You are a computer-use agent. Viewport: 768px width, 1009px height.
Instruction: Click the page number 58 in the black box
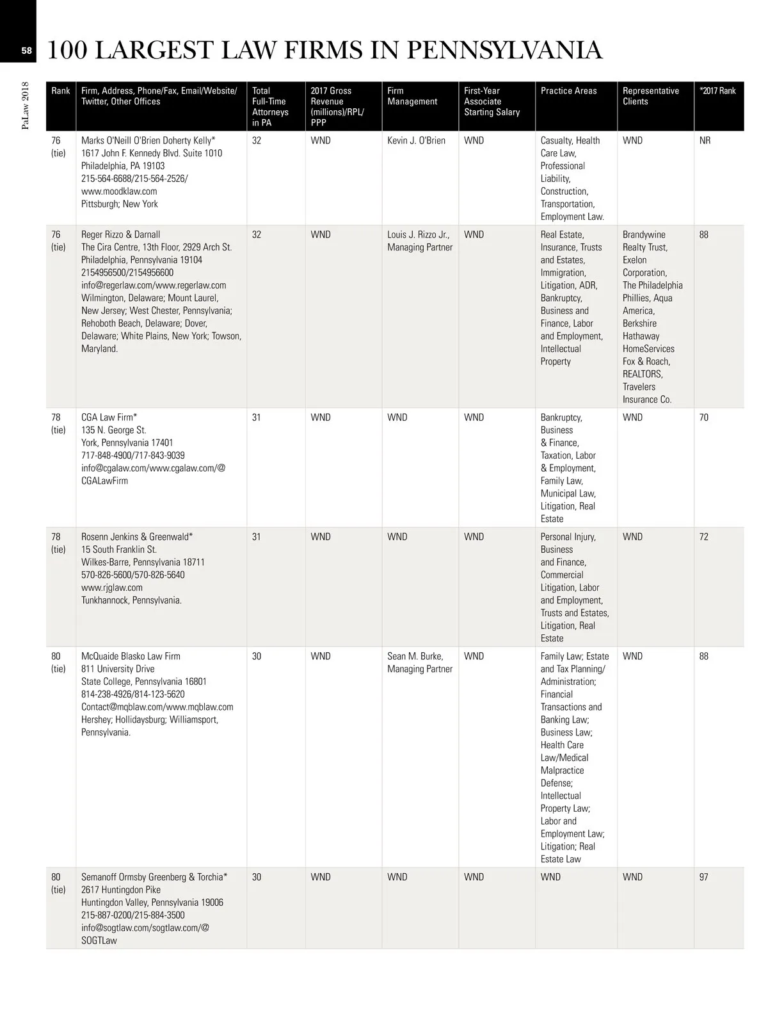(x=26, y=51)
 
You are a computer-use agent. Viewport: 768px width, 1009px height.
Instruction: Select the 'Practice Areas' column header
(x=568, y=91)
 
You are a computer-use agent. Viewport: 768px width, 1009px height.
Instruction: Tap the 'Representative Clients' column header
(x=650, y=96)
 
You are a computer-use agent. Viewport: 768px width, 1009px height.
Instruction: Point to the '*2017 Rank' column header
(x=718, y=91)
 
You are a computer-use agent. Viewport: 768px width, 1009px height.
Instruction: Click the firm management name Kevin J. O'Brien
(x=416, y=140)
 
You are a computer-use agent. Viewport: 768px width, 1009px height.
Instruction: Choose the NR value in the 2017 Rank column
(x=705, y=140)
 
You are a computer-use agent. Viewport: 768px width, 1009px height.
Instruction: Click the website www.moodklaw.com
(x=119, y=191)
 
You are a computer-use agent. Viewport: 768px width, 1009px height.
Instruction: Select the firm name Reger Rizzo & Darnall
(x=121, y=234)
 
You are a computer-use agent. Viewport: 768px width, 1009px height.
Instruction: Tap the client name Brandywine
(x=644, y=234)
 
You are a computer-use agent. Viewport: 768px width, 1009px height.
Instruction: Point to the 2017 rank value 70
(x=704, y=417)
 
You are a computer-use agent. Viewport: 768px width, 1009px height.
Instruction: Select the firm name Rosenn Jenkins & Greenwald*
(x=137, y=537)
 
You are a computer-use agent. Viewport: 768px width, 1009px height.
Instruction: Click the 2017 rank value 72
(x=704, y=537)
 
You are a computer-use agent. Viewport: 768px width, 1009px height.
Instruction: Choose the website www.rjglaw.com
(x=112, y=587)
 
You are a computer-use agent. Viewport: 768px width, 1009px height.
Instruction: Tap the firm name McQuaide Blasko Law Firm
(x=131, y=656)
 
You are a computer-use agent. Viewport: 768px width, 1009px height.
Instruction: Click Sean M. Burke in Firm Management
(x=415, y=656)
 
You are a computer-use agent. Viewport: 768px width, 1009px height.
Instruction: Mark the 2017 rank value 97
(x=704, y=877)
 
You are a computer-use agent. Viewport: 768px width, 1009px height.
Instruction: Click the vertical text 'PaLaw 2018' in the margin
(x=26, y=105)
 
